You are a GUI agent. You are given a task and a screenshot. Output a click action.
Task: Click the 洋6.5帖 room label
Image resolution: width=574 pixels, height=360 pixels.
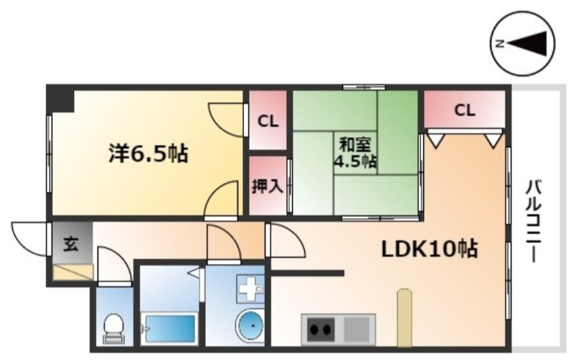coord(149,153)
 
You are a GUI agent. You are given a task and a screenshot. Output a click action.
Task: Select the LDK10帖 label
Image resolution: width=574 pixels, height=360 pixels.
coord(430,249)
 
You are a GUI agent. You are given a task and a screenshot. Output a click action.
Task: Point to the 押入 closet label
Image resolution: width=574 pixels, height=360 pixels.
coord(268,186)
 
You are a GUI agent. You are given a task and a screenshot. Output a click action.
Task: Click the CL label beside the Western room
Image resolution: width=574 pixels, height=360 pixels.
coord(268,121)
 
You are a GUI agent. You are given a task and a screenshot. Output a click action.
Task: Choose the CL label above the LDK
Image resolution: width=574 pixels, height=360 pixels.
coord(465,110)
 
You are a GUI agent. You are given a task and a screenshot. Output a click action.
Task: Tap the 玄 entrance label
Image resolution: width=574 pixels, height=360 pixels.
coord(70,244)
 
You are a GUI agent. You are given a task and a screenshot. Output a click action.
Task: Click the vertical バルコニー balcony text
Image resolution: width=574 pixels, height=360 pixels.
coord(534,221)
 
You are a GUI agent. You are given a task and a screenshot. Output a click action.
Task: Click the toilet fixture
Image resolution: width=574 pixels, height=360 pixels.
coord(113,328)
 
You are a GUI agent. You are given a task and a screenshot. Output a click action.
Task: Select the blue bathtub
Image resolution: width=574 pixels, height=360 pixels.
coord(169,328)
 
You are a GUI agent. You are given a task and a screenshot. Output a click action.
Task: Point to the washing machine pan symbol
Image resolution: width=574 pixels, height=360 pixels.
coord(250,288)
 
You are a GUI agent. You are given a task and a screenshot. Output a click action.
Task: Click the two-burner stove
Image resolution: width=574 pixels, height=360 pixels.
coord(321,330)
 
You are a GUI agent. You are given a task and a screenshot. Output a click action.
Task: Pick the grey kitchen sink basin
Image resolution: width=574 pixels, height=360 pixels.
coord(357,330)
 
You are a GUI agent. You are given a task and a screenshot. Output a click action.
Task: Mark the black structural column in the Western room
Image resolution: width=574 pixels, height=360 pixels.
coord(62,100)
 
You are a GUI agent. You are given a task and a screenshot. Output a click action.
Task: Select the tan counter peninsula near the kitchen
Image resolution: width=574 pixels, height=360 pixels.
coord(404,318)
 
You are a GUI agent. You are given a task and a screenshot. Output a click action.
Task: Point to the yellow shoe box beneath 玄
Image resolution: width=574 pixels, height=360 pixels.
coord(72,272)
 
